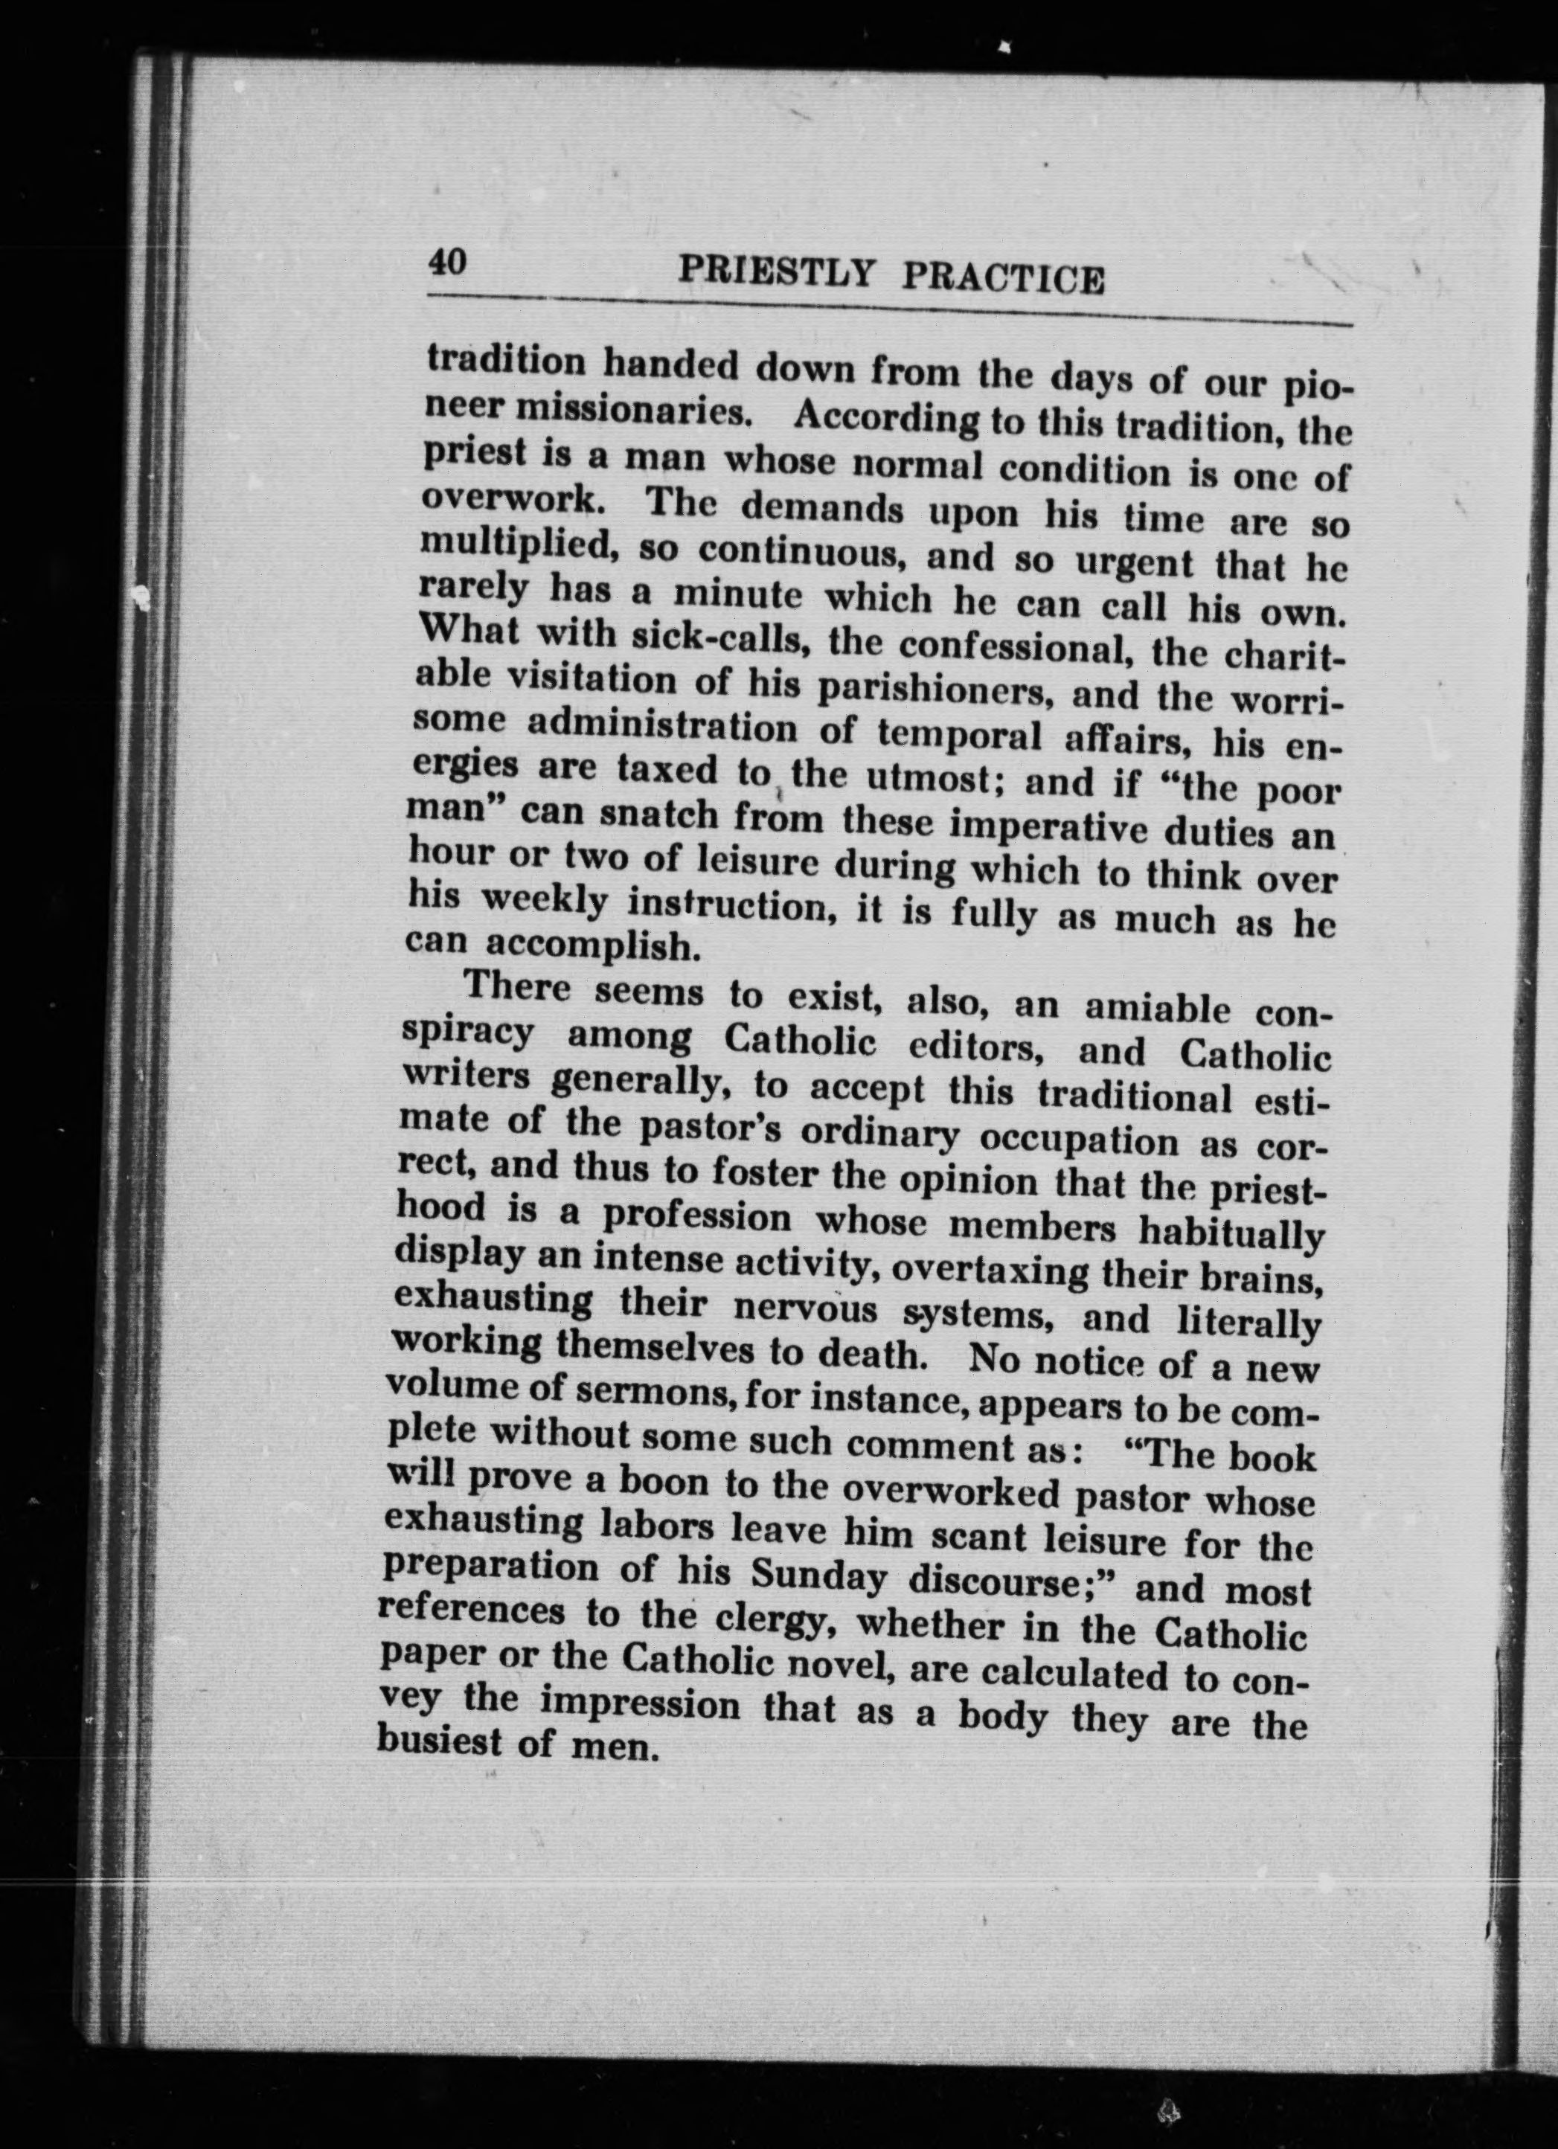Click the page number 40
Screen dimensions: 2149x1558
(447, 260)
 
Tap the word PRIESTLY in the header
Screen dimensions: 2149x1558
(776, 272)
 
